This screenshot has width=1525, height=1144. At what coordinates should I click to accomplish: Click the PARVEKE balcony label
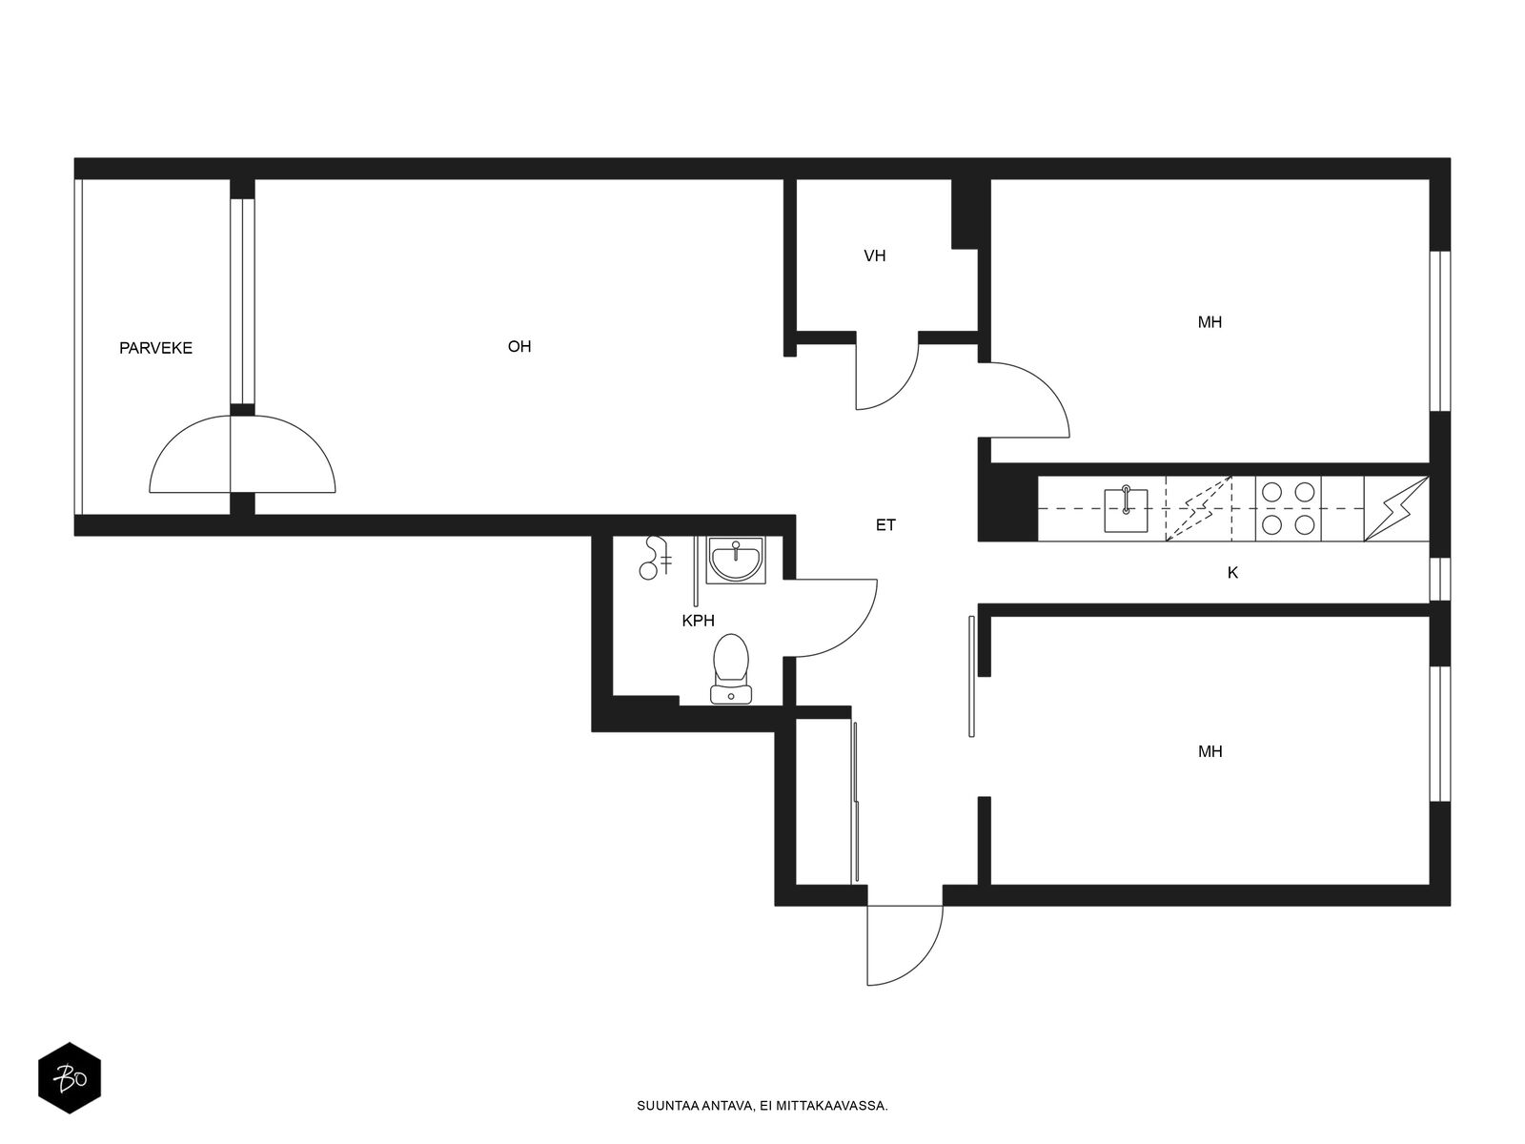pos(155,348)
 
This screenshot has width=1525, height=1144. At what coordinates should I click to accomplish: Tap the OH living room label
pos(519,347)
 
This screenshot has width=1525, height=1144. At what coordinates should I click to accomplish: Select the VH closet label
pos(875,256)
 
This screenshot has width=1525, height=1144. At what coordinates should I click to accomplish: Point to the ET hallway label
pos(885,526)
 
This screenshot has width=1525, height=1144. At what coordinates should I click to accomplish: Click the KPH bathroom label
pos(699,621)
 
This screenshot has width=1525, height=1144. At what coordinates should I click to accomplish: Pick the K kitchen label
pos(1232,573)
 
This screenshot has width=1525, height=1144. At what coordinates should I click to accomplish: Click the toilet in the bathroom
pos(731,668)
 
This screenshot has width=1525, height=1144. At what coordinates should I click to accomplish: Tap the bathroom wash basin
pos(736,560)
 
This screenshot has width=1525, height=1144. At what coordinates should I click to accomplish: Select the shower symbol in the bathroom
pos(654,558)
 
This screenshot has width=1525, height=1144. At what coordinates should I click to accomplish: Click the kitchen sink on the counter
pos(1127,511)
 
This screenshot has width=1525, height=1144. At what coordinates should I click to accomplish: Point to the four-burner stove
pos(1288,508)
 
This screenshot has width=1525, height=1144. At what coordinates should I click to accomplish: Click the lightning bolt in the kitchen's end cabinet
pos(1396,508)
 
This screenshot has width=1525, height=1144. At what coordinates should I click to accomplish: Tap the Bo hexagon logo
pos(70,1078)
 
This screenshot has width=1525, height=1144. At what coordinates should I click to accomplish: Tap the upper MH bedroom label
pos(1210,322)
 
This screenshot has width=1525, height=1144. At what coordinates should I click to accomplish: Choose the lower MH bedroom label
pos(1210,751)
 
